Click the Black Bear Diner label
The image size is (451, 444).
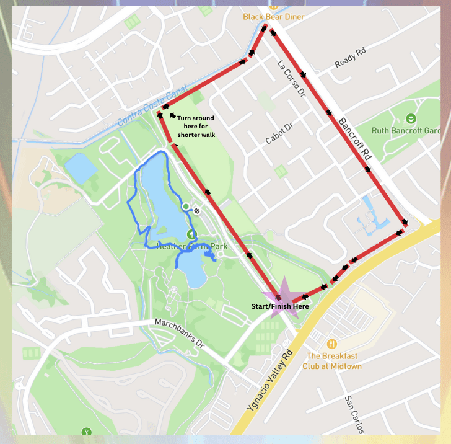[273, 17]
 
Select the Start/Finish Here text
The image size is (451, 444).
[279, 307]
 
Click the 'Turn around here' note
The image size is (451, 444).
[195, 126]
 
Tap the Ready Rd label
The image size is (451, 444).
[351, 61]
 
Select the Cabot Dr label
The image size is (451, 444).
[279, 133]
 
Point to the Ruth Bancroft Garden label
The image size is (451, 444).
[406, 131]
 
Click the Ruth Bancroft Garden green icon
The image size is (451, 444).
[410, 118]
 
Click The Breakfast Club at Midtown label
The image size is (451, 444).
[334, 361]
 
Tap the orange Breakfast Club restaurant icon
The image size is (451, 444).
[333, 344]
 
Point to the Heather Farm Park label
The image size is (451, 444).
[192, 246]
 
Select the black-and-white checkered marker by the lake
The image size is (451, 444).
[197, 211]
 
